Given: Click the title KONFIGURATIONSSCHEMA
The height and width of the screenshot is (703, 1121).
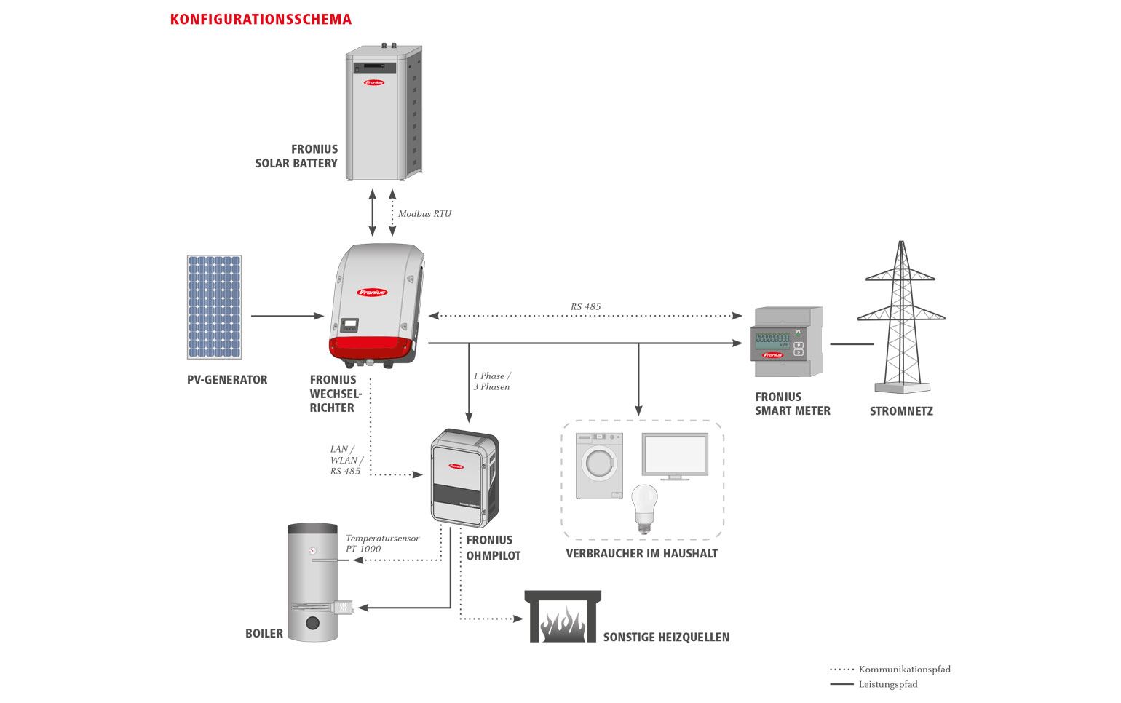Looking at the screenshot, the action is click(261, 20).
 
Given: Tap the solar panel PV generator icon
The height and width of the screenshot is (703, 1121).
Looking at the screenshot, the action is click(214, 306).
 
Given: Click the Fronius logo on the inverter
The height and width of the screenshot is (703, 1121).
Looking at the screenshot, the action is click(373, 292).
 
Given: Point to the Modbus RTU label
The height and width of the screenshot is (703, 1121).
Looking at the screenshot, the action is click(424, 214).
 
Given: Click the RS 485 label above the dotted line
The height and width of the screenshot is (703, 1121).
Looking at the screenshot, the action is click(585, 306).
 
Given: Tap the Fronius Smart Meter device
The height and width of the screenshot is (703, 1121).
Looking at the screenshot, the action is click(786, 342).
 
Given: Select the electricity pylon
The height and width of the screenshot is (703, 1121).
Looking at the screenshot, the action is click(901, 317).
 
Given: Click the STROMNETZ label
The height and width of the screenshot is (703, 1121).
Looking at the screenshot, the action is click(901, 411).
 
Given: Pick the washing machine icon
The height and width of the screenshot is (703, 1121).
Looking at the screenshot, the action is click(599, 466).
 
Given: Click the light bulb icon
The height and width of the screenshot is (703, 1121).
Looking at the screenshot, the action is click(644, 509).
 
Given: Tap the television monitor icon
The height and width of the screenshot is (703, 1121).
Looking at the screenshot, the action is click(675, 456).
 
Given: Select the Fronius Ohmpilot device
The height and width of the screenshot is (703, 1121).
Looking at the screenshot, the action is click(465, 478).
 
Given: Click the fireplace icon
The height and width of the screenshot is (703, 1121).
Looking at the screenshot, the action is click(563, 616).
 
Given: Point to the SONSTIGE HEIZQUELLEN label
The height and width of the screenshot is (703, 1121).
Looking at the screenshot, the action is click(666, 637).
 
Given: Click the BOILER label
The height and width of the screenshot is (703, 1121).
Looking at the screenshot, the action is click(264, 633).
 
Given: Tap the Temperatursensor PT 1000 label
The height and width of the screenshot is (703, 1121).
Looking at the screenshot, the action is click(382, 544).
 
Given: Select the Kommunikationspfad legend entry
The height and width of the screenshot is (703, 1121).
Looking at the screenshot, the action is click(890, 669).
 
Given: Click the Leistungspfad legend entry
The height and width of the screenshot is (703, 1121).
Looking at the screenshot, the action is click(874, 684).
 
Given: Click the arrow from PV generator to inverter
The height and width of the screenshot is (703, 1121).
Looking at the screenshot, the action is click(288, 316).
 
